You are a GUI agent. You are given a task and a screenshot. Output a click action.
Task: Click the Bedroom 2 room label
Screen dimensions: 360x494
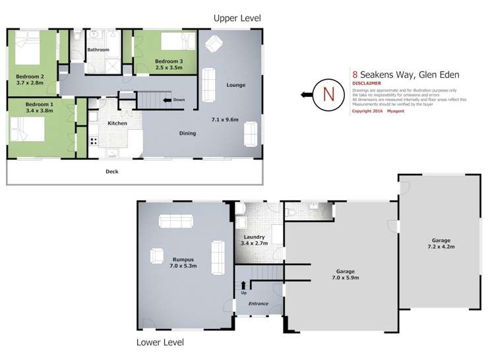pyautogui.click(x=30, y=76)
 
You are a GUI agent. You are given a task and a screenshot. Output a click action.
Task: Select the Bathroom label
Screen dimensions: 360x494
pyautogui.click(x=98, y=49)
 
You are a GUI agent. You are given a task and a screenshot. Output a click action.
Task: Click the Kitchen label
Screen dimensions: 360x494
pyautogui.click(x=117, y=123)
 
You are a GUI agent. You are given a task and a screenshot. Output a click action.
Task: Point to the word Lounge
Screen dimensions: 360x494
pyautogui.click(x=235, y=85)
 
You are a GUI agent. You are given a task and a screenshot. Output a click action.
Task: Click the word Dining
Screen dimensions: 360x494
pyautogui.click(x=188, y=133)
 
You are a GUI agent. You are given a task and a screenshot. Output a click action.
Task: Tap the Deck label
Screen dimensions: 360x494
pyautogui.click(x=111, y=171)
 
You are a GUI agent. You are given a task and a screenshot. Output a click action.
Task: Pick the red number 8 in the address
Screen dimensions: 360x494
pyautogui.click(x=355, y=75)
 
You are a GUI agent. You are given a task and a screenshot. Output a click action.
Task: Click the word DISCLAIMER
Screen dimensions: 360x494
pyautogui.click(x=366, y=84)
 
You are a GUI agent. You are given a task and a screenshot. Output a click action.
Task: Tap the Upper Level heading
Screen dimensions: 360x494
pyautogui.click(x=235, y=18)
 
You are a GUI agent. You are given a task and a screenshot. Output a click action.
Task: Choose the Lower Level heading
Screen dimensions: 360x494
pyautogui.click(x=160, y=342)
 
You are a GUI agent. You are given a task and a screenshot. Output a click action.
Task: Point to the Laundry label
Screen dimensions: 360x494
pyautogui.click(x=254, y=237)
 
